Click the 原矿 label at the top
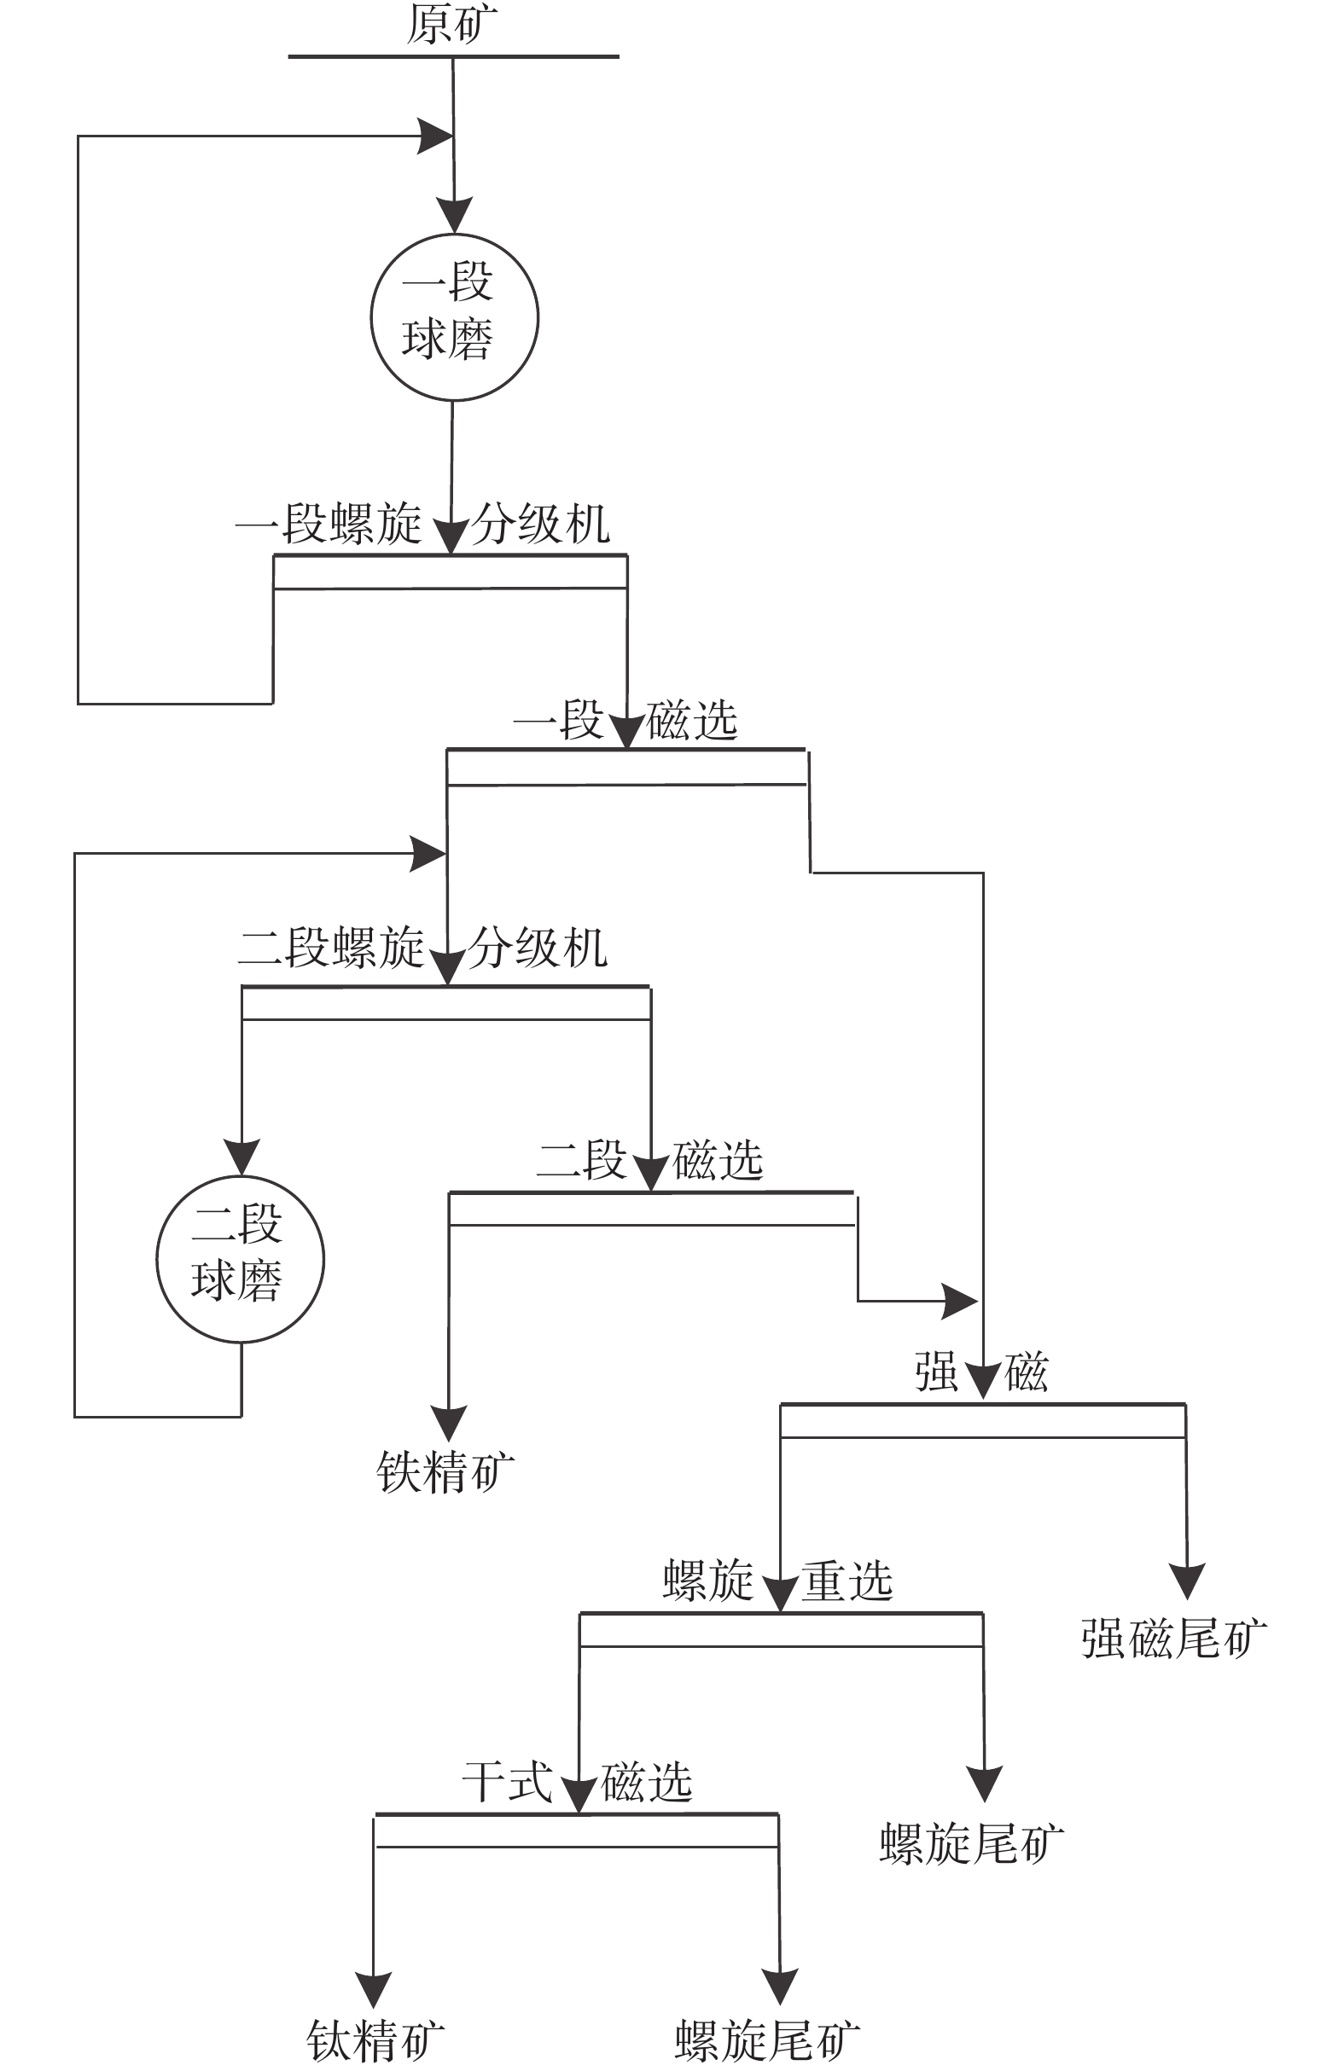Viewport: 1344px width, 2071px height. pos(451,25)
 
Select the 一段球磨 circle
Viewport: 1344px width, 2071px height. pos(453,316)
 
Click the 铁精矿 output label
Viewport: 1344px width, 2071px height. pos(445,1472)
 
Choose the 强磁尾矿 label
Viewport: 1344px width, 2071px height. pos(1173,1639)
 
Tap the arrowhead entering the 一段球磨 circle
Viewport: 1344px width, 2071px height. pos(453,214)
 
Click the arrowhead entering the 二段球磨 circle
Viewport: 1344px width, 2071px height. pos(241,1156)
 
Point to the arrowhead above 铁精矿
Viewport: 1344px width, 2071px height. pos(448,1422)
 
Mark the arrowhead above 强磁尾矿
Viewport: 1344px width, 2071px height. pos(1186,1580)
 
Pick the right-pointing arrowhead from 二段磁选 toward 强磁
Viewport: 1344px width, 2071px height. pos(959,1301)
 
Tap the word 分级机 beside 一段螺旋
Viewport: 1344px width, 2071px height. pos(540,525)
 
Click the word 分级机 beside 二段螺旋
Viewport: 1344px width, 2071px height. pos(538,948)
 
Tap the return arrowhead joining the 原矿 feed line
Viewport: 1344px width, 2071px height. pos(434,136)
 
